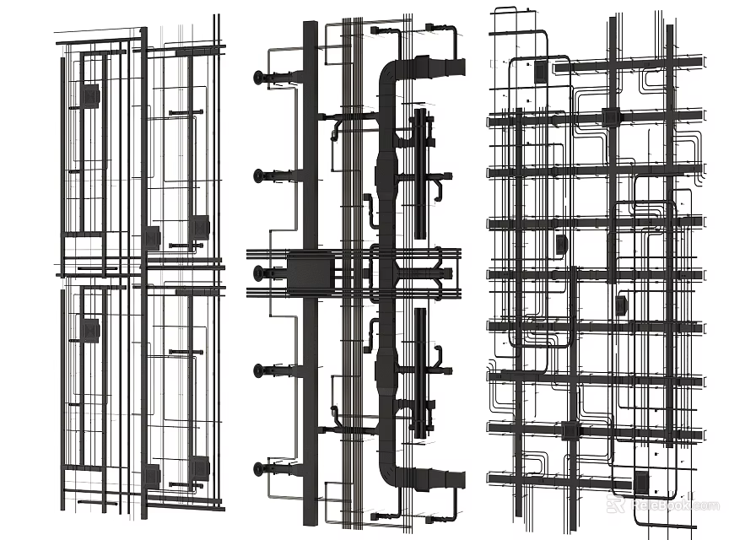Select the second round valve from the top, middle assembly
coord(258,176)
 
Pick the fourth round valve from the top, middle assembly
coord(258,370)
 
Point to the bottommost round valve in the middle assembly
coord(258,467)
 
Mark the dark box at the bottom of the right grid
coord(642,483)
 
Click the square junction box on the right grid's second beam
coord(610,119)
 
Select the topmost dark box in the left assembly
coord(89,95)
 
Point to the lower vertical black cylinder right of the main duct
coord(419,371)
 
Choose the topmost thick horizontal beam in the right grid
coord(596,62)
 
